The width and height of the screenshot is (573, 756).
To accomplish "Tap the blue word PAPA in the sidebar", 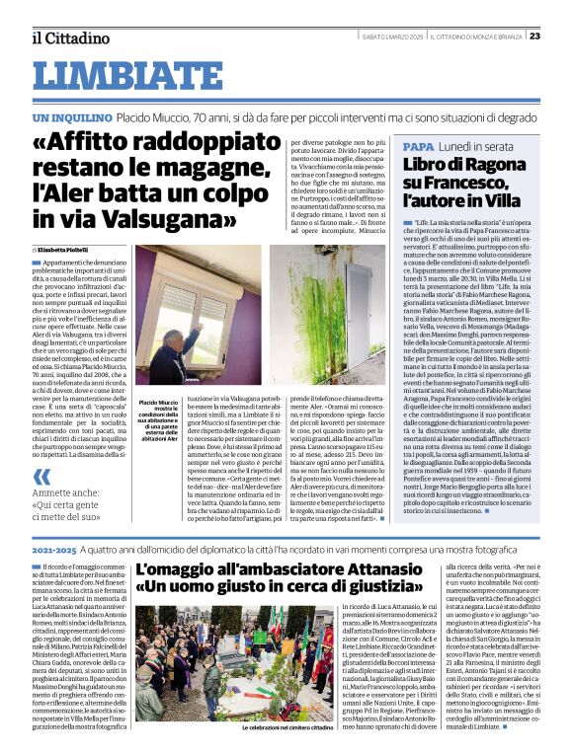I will pyautogui.click(x=419, y=145).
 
